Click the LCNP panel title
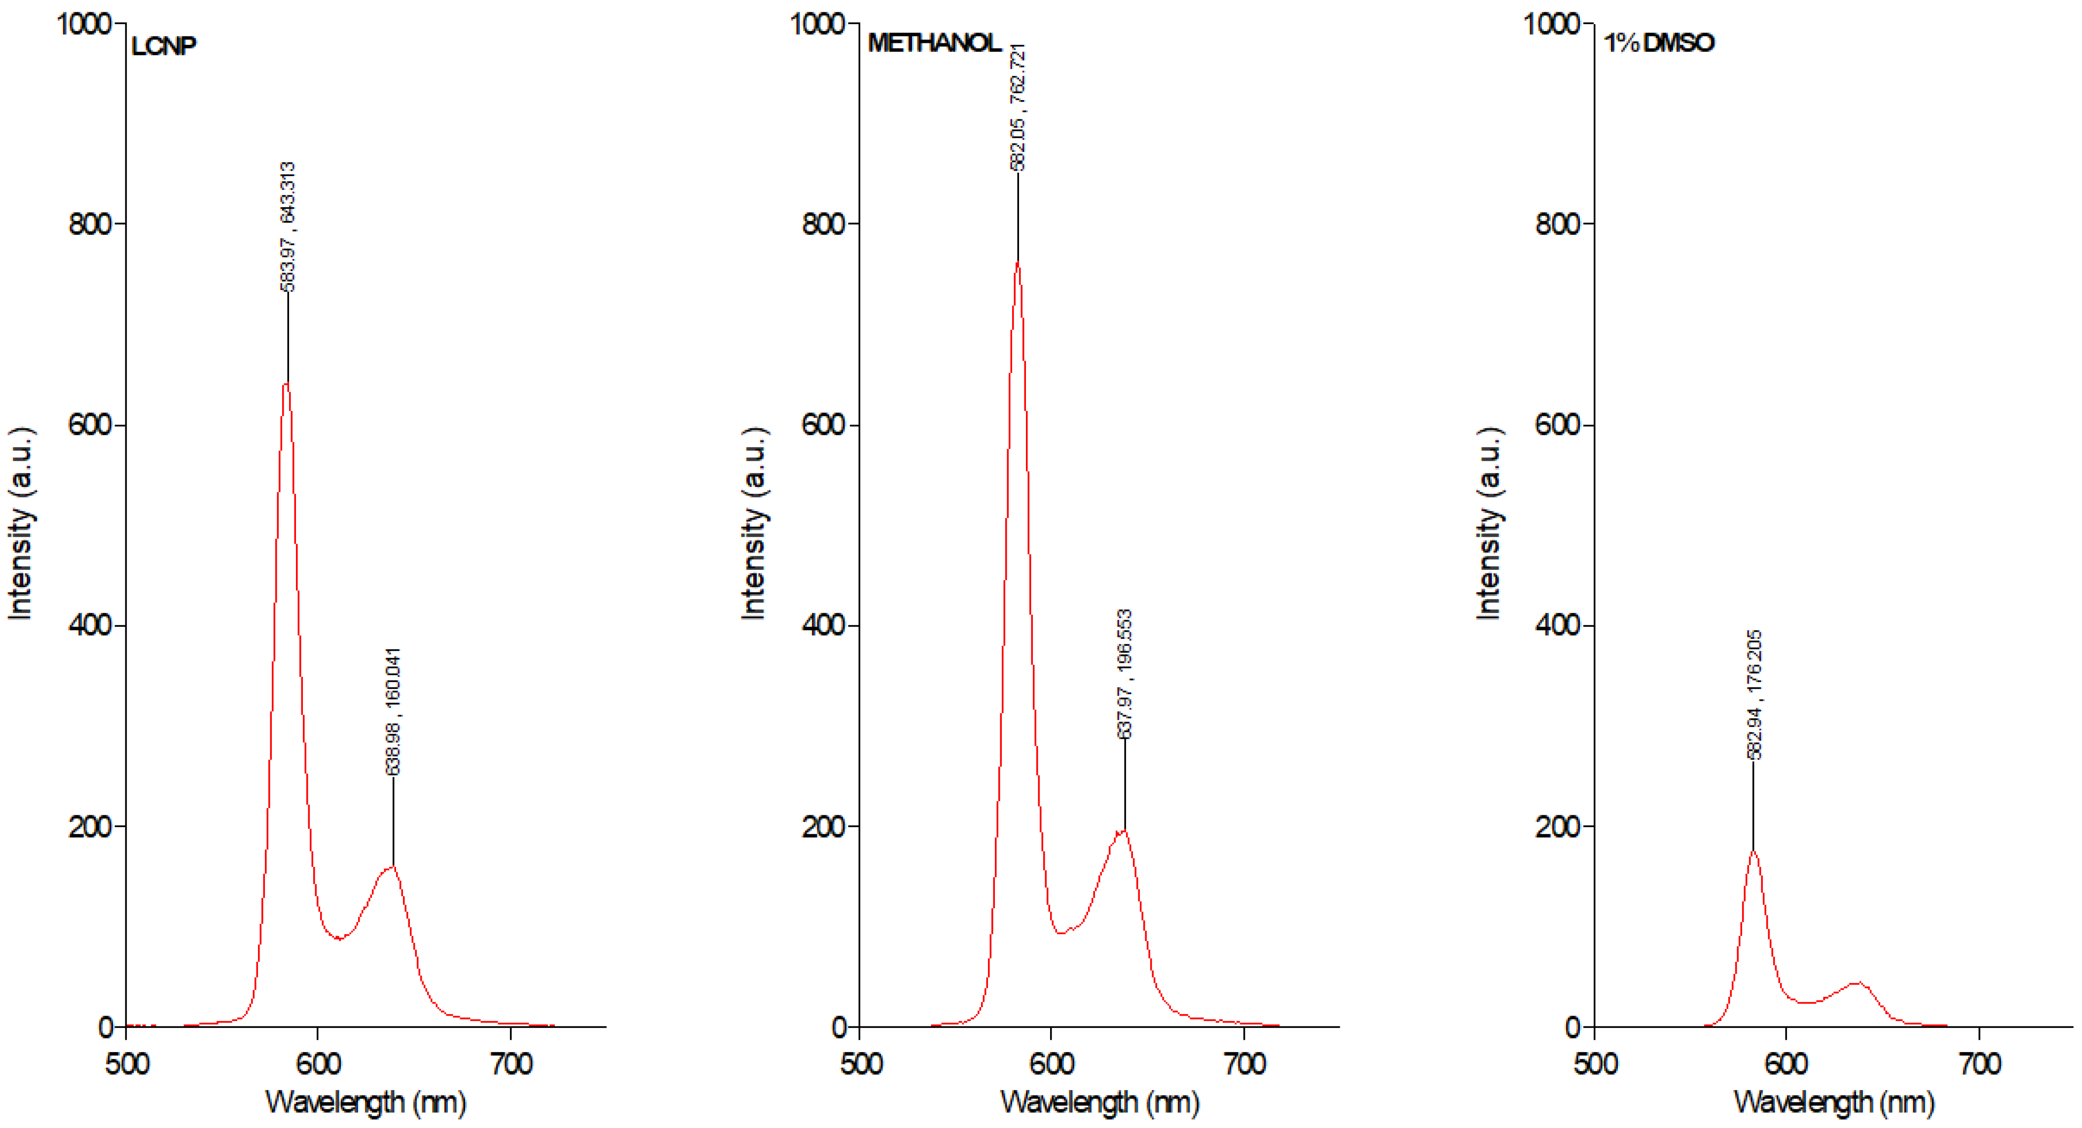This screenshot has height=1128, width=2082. click(x=163, y=46)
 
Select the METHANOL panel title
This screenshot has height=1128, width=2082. click(x=934, y=43)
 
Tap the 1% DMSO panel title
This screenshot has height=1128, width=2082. click(x=1658, y=43)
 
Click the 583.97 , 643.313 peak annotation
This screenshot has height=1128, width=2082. click(x=288, y=226)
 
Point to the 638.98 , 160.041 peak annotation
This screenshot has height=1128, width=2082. click(x=393, y=712)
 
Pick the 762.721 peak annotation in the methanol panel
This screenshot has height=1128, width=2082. click(x=1018, y=107)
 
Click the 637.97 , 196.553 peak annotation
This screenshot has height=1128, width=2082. click(x=1124, y=674)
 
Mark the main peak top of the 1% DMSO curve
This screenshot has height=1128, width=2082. click(x=1753, y=851)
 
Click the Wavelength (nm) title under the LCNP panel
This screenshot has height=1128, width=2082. click(x=365, y=1101)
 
